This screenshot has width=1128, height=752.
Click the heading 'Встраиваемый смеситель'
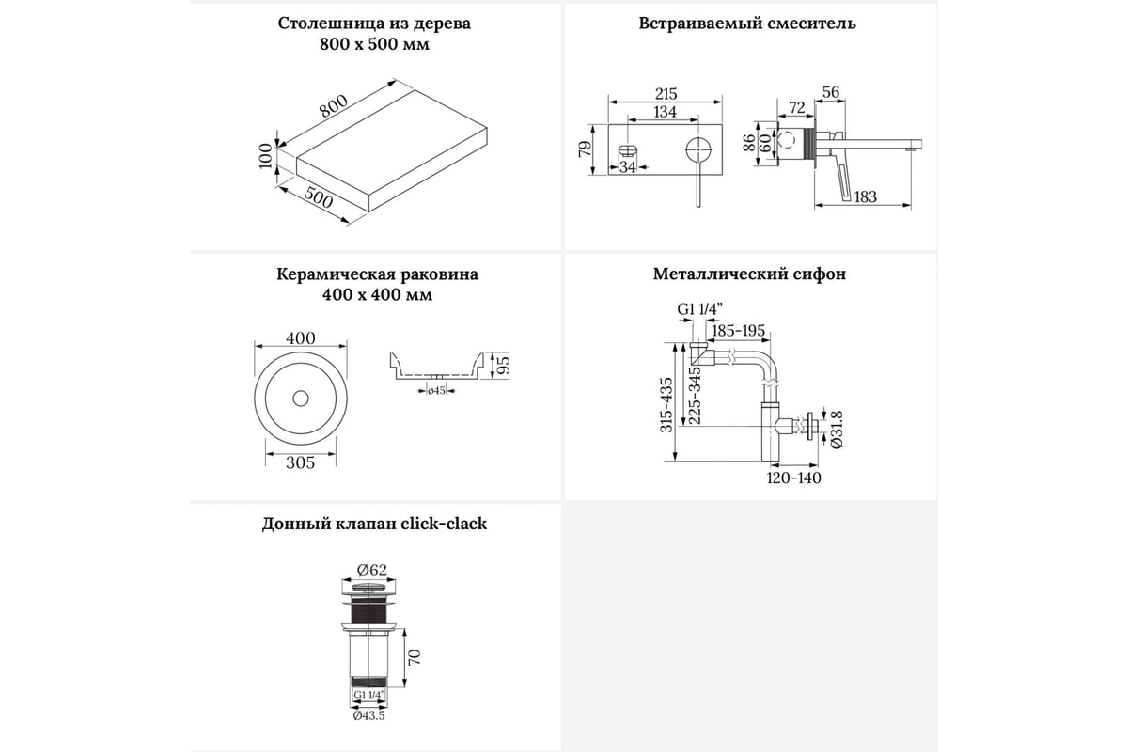point(748,23)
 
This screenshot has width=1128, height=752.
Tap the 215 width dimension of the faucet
point(666,92)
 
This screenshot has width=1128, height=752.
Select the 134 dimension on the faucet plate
point(666,113)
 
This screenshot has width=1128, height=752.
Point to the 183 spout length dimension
point(865,196)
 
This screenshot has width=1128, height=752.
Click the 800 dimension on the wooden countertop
point(333,107)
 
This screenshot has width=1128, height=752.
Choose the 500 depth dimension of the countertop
point(321,199)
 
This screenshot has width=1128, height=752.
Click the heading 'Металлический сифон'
point(749,274)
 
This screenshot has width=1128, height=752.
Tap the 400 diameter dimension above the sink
point(301,338)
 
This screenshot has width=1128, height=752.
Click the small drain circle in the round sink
point(301,399)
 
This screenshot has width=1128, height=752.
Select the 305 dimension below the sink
point(301,462)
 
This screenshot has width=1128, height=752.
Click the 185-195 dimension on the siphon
point(739,330)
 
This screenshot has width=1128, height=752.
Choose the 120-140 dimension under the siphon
point(795,478)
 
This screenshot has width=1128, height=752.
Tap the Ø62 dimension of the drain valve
point(372,568)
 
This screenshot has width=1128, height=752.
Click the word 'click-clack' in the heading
point(442,525)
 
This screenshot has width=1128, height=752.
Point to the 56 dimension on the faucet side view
point(829,91)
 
